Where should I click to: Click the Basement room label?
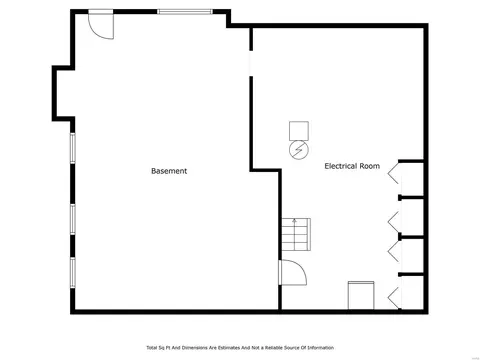click(x=169, y=171)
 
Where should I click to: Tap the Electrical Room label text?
click(x=352, y=166)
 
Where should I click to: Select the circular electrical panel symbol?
click(x=299, y=150)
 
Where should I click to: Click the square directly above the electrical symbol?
click(x=299, y=131)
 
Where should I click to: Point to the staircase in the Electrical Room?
click(x=296, y=234)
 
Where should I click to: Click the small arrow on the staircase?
click(x=294, y=221)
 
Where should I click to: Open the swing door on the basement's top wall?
click(x=101, y=25)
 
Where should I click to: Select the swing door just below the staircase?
click(x=293, y=273)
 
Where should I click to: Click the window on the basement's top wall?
click(x=185, y=12)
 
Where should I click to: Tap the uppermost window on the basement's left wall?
click(x=72, y=148)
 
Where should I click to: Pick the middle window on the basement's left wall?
click(x=72, y=219)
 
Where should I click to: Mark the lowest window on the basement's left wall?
click(x=72, y=272)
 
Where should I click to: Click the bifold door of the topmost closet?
click(x=393, y=173)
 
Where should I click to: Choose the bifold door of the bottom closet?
click(x=393, y=298)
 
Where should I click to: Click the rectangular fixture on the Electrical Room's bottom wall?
click(x=361, y=295)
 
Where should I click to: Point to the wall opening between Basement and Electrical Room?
click(x=251, y=64)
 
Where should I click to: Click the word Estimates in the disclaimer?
click(x=229, y=348)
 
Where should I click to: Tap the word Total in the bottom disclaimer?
click(x=152, y=348)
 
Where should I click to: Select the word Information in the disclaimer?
click(x=321, y=348)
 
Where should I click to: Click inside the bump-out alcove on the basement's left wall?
click(x=63, y=93)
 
